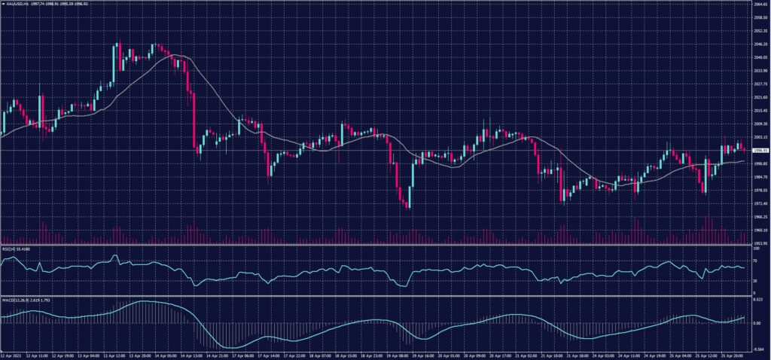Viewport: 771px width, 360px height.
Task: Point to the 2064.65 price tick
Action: pos(760,4)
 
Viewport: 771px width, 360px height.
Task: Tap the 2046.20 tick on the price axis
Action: pos(760,44)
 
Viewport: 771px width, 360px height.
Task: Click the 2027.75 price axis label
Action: pos(760,84)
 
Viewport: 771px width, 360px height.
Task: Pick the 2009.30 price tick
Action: pos(760,124)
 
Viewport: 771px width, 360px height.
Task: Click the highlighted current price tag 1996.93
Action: pos(760,151)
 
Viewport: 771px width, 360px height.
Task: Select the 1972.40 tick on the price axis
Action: pos(760,203)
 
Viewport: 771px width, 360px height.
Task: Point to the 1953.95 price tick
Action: pos(760,243)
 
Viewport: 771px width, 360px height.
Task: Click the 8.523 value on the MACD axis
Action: pos(759,300)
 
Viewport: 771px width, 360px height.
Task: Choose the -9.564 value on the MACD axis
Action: pos(759,349)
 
